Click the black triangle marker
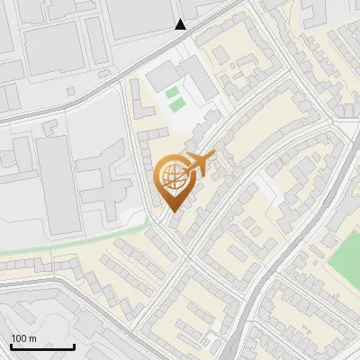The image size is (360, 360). click(182, 24)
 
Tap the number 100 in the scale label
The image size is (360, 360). click(19, 338)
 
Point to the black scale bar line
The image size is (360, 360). click(42, 346)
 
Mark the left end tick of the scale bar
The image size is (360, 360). click(10, 345)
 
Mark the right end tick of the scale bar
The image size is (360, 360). click(75, 345)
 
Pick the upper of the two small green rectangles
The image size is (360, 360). click(172, 92)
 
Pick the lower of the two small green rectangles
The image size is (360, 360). click(175, 104)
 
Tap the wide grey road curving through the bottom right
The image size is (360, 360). click(270, 270)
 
